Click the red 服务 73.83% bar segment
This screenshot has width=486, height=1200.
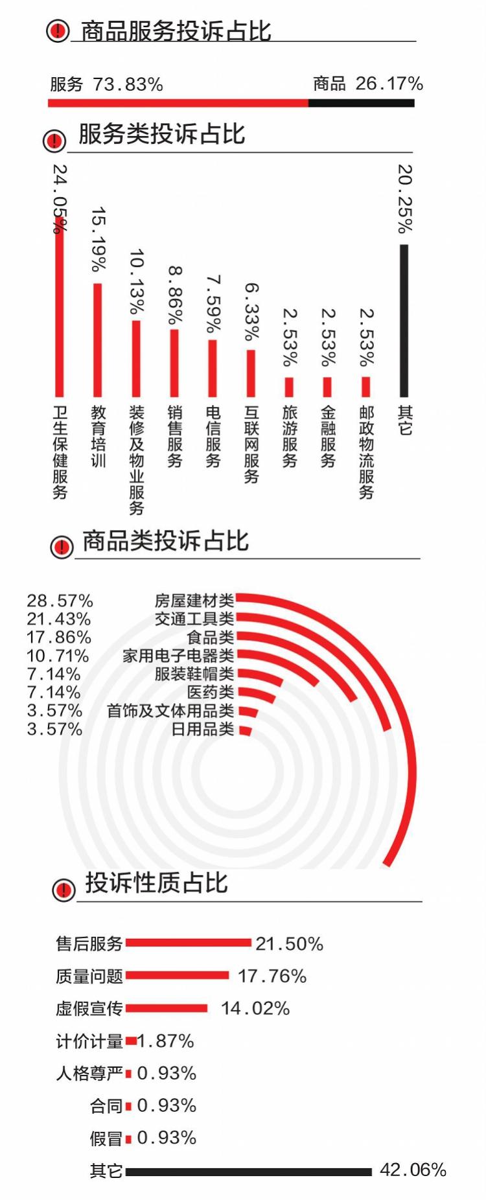[178, 103]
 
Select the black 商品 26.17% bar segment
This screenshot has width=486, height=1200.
[361, 103]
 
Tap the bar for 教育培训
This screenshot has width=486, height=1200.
[98, 340]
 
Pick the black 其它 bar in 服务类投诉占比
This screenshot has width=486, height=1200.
[404, 321]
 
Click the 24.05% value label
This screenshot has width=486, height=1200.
[60, 198]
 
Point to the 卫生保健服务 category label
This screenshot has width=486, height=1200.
[60, 452]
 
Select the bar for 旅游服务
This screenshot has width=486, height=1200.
[289, 387]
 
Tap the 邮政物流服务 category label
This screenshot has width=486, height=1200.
[366, 452]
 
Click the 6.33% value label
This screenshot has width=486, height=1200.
[251, 311]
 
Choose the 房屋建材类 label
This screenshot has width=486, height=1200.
[194, 600]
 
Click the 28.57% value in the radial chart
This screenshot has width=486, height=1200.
[60, 601]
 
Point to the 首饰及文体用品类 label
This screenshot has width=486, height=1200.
[170, 711]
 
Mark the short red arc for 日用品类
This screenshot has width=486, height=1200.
[245, 730]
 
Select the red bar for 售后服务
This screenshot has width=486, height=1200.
[188, 943]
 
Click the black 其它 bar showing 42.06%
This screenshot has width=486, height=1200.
[249, 1171]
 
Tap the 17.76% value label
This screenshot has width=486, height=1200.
[272, 976]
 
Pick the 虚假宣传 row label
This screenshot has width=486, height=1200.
[89, 1008]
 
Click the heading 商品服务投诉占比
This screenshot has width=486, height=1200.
[176, 31]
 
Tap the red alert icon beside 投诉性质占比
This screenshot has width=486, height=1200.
[64, 890]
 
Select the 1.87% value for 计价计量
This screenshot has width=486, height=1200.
[166, 1041]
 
